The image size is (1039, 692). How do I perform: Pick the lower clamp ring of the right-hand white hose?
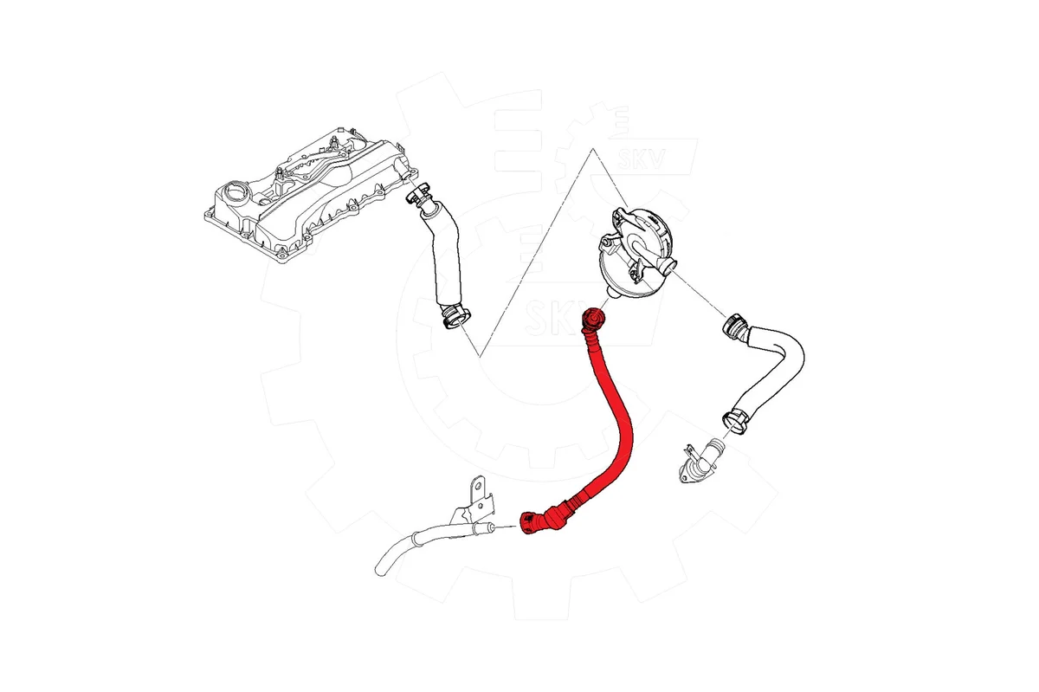point(735,421)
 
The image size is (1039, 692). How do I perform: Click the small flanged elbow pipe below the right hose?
point(699,462)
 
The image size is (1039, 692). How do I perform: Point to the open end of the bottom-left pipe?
point(380,569)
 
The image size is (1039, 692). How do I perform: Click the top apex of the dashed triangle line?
point(592,149)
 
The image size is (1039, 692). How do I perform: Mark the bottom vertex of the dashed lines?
point(480,356)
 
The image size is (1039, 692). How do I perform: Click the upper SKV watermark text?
point(642,158)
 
